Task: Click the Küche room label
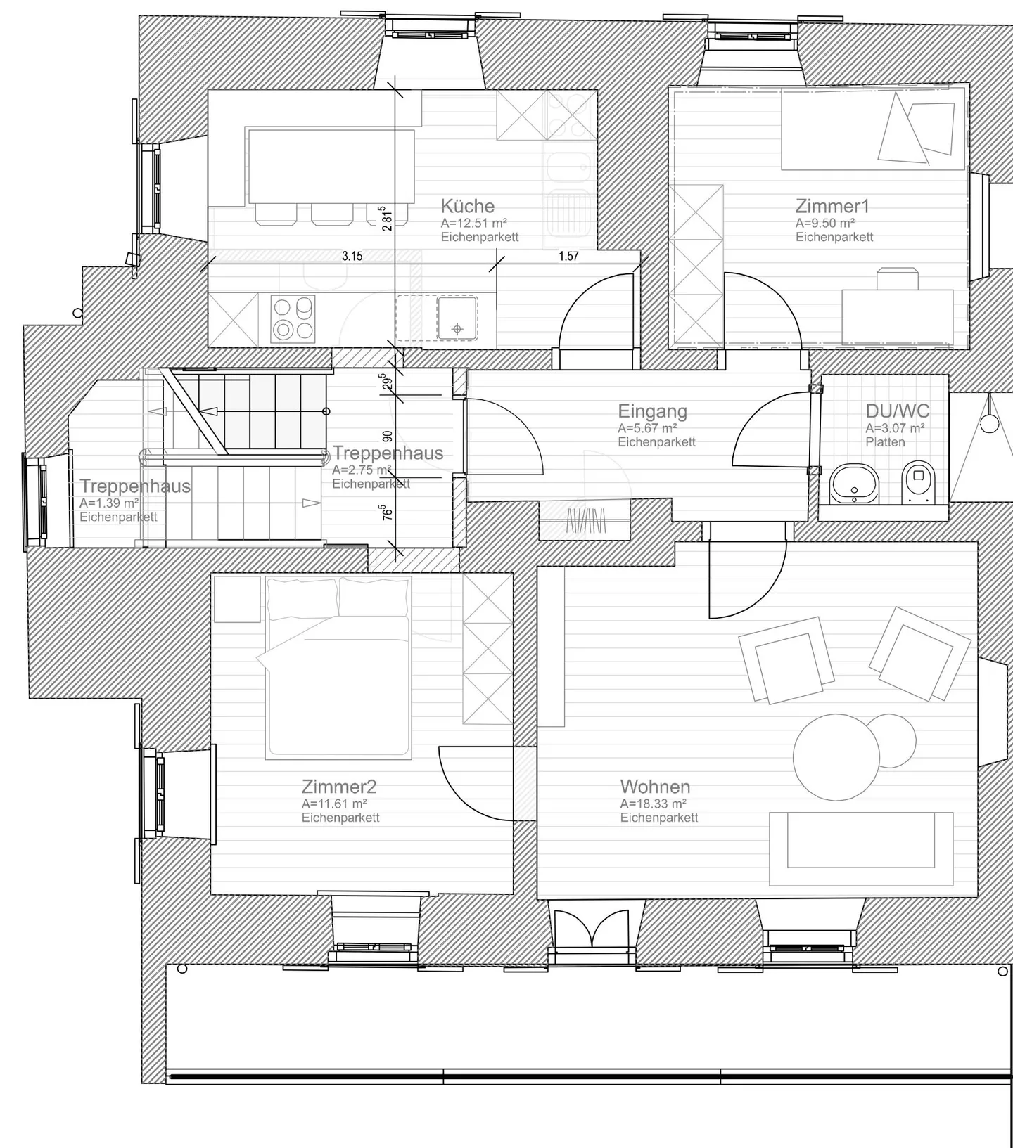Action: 467,206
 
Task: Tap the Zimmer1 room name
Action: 832,206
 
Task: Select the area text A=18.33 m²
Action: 653,804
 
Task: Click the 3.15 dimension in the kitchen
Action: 352,256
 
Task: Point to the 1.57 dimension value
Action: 568,256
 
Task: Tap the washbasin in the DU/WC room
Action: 854,484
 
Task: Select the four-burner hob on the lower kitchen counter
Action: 293,318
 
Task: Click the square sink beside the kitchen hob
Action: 457,318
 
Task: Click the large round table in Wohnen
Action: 836,756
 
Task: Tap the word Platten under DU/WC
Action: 885,442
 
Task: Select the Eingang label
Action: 652,411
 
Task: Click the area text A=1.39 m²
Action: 108,503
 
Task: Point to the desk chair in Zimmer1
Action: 897,278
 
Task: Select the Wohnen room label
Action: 654,787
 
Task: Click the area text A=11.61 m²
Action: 334,804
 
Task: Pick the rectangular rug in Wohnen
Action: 861,849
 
